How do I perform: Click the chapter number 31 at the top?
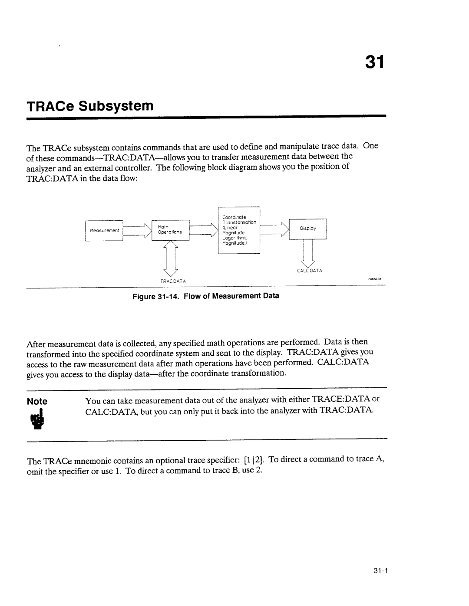pyautogui.click(x=373, y=63)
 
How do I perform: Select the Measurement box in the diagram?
pyautogui.click(x=104, y=230)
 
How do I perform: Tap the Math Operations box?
pyautogui.click(x=170, y=229)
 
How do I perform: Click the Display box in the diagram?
pyautogui.click(x=308, y=228)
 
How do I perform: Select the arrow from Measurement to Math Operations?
pyautogui.click(x=137, y=230)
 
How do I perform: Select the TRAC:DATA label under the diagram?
pyautogui.click(x=173, y=281)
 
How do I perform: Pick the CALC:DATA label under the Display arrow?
pyautogui.click(x=309, y=270)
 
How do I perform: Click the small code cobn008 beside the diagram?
pyautogui.click(x=374, y=279)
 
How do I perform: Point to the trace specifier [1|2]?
pyautogui.click(x=252, y=459)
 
